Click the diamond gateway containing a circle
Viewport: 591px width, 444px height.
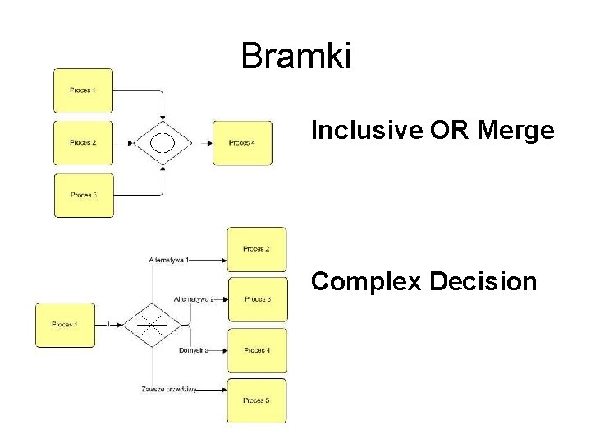pos(163,143)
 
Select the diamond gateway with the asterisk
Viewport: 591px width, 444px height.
pos(149,325)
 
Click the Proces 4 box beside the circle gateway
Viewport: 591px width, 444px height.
pos(242,143)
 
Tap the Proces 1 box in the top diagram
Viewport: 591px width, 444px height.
pos(83,90)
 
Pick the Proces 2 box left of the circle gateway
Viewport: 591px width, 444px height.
pos(83,143)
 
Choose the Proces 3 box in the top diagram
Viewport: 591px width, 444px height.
pos(83,195)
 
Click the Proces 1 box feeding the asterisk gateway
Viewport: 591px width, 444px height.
pos(65,325)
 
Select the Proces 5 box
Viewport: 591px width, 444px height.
pos(257,400)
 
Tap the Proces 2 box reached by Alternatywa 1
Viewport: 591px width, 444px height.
pos(257,249)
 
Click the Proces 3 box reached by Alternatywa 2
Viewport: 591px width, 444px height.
pos(257,299)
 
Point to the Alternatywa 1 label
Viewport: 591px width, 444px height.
pos(169,261)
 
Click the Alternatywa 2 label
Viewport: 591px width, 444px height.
pos(194,299)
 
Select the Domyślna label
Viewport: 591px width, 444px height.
pos(194,350)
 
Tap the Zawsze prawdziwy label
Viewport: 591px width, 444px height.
pos(168,389)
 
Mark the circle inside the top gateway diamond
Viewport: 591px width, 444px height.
pos(163,143)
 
